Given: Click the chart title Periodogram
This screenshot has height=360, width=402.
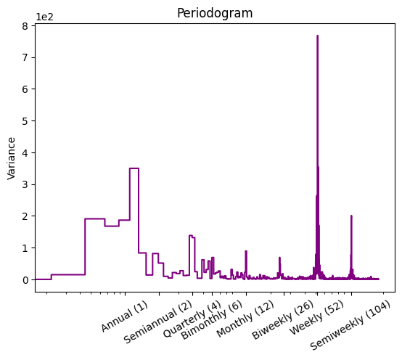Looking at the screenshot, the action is click(x=215, y=13).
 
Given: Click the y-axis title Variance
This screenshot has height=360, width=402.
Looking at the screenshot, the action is click(x=12, y=158).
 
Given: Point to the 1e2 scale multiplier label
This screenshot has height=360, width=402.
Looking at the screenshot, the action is click(x=44, y=17).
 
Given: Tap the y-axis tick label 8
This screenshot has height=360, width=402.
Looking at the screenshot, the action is click(x=25, y=26).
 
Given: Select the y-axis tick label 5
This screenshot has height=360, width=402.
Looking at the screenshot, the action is click(x=25, y=121).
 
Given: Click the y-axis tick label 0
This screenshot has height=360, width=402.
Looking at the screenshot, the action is click(x=25, y=280).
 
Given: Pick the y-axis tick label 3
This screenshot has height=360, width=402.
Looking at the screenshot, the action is click(x=25, y=184).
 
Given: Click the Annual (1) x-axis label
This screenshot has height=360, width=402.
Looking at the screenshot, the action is click(x=124, y=316).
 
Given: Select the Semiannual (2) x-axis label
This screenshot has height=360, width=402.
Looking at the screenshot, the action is click(x=157, y=322).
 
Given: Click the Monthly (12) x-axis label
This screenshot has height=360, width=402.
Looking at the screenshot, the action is click(x=245, y=319).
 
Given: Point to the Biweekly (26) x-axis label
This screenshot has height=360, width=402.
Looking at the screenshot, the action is click(x=283, y=320).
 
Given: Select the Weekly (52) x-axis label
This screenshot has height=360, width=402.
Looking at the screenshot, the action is click(x=316, y=318).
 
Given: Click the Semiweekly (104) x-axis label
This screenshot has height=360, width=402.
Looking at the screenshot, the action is click(x=350, y=326).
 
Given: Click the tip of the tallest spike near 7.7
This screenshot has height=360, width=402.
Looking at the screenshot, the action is click(x=317, y=36).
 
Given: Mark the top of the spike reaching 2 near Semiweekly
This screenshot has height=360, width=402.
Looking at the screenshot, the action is click(x=351, y=216).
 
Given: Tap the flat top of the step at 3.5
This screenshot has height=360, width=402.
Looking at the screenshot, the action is click(x=134, y=168).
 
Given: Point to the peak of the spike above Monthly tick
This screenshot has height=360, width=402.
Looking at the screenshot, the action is click(x=246, y=251).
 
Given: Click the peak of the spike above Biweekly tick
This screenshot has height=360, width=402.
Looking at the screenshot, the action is click(x=279, y=258).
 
